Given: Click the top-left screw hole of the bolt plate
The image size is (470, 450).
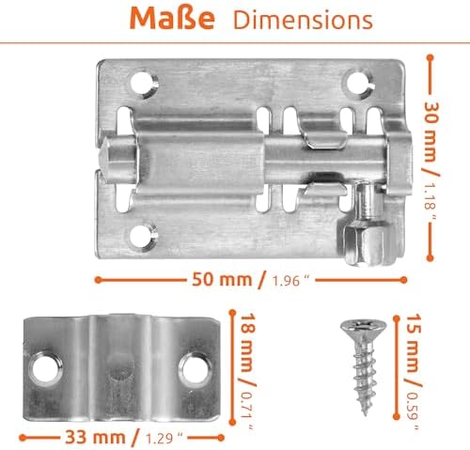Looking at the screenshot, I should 141,84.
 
